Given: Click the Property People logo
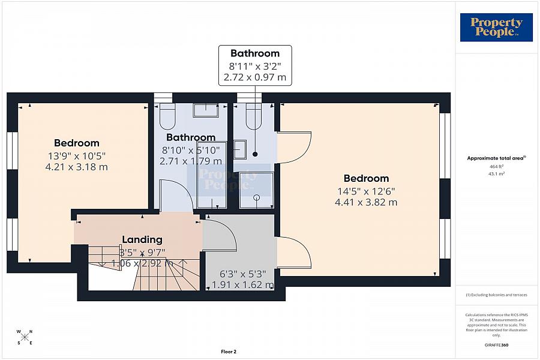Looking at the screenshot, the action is point(496,28).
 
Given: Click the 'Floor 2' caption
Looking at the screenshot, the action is point(229,352).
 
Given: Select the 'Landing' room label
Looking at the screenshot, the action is point(142,239).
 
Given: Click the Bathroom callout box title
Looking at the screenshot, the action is point(255,53).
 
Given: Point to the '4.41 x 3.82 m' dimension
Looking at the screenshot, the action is point(366,202).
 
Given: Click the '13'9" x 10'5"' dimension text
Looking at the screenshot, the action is point(77,155).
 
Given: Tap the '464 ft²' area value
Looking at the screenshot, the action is point(496,166).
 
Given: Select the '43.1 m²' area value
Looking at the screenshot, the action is point(496,173).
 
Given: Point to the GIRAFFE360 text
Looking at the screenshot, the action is point(496,345).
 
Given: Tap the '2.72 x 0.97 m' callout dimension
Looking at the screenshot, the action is point(255,77).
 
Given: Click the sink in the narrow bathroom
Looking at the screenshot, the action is point(240,149).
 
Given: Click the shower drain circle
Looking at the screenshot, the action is point(257,197).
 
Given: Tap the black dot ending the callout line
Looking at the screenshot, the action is point(255,154).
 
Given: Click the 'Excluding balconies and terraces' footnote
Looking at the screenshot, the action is point(496,295).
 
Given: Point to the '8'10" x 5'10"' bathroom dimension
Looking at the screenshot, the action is point(191,150).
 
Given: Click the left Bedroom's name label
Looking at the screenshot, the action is point(77,143).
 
